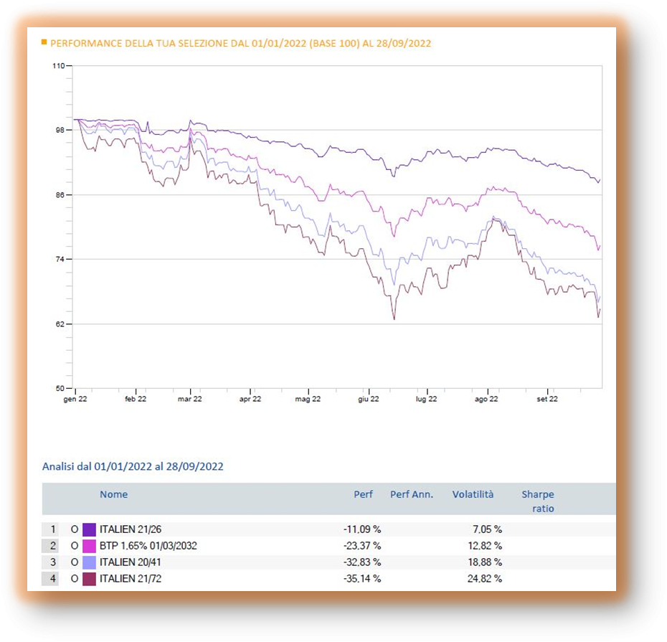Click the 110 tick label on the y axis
pyautogui.click(x=59, y=65)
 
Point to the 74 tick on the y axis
pyautogui.click(x=60, y=259)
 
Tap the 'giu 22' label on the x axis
pyautogui.click(x=368, y=399)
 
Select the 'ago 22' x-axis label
pyautogui.click(x=487, y=399)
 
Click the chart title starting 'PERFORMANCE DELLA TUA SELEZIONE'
pyautogui.click(x=241, y=43)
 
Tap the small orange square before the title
pyautogui.click(x=44, y=42)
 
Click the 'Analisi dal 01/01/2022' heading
pyautogui.click(x=133, y=466)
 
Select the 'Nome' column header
pyautogui.click(x=113, y=494)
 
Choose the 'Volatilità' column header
pyautogui.click(x=473, y=494)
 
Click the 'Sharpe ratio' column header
pyautogui.click(x=538, y=501)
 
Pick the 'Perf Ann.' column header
pyautogui.click(x=412, y=494)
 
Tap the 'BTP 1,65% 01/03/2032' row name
pyautogui.click(x=148, y=546)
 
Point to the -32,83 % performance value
pyautogui.click(x=361, y=562)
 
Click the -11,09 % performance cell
pyautogui.click(x=361, y=529)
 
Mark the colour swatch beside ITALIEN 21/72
pyautogui.click(x=90, y=578)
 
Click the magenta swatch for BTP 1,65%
pyautogui.click(x=90, y=546)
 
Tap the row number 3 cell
pyautogui.click(x=52, y=562)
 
